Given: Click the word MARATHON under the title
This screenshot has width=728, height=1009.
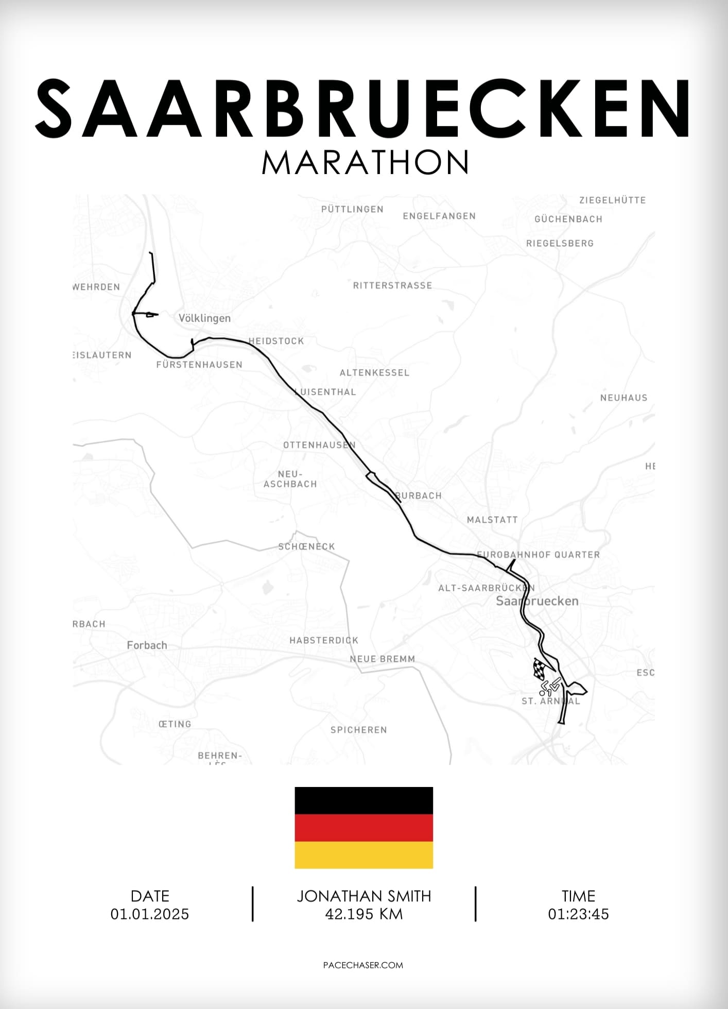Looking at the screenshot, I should [365, 162].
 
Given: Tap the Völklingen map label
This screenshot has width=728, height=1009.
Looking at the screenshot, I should [204, 318].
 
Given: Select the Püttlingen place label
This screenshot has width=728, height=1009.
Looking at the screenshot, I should [352, 209].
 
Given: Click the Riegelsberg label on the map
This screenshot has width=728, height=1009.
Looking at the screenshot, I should [560, 243].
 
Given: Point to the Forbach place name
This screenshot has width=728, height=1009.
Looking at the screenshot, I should [147, 645].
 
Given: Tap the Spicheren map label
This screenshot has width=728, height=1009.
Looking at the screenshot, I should [358, 730].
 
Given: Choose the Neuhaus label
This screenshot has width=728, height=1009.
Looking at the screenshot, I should [623, 398].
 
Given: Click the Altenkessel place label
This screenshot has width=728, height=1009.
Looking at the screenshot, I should [374, 372].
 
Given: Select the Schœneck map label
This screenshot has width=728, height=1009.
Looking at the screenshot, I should [306, 546].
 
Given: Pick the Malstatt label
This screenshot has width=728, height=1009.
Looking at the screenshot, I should [492, 520].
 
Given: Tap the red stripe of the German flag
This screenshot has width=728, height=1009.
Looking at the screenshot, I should [363, 828].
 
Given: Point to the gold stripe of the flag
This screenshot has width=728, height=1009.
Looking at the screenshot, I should [363, 855].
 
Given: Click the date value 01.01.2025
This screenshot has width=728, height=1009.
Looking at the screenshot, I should [150, 914].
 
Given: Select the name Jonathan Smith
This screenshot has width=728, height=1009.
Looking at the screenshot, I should [363, 896].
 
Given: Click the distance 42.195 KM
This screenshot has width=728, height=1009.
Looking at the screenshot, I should [363, 914].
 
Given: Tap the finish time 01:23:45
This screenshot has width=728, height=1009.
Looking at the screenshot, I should [578, 914].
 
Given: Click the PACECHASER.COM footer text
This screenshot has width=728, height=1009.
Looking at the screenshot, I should [363, 965].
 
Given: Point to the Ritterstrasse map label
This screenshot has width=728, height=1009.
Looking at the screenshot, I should [392, 285].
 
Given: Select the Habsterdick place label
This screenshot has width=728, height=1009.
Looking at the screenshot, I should [323, 640].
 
